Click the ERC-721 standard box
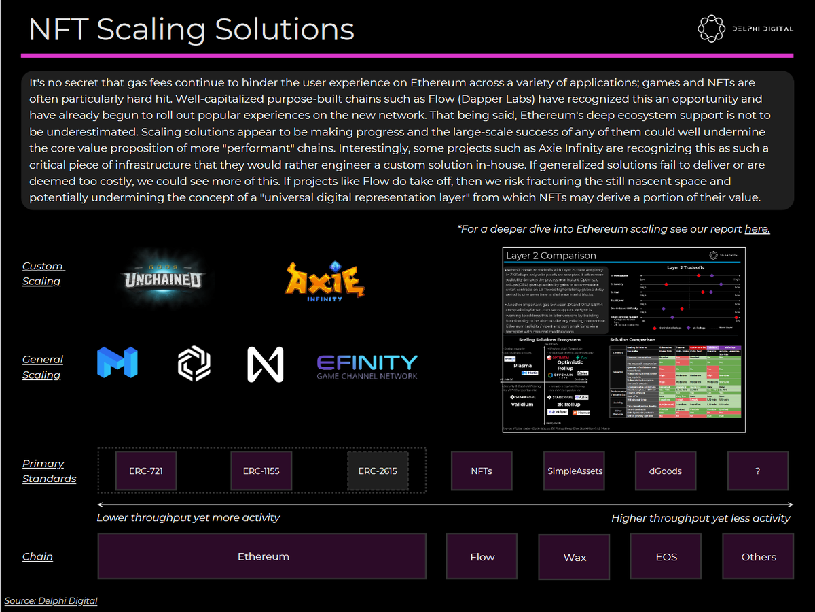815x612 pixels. coord(146,471)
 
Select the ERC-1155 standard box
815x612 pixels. coord(261,471)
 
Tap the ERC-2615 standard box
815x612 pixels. coord(378,471)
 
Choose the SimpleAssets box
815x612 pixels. coord(575,471)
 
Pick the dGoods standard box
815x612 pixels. coord(666,471)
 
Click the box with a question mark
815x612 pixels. coord(757,471)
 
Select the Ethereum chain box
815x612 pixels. coord(263,556)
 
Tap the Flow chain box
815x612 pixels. coord(482,556)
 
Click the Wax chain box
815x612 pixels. coord(575,557)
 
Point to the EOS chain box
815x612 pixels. coord(666,556)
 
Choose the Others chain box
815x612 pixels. coord(758,556)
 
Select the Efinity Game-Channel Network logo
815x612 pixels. coord(367,366)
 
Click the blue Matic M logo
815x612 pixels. coord(117,363)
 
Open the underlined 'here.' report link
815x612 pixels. coord(757,229)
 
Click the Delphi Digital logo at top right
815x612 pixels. coord(744,28)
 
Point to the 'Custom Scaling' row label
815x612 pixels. coord(42,273)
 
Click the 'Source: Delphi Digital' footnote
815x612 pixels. coord(51,600)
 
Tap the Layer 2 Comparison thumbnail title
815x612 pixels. coord(551,256)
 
